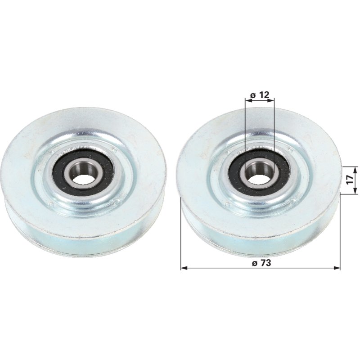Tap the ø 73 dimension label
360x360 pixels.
[x=261, y=263]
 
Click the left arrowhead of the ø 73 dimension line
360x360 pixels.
[x=184, y=268]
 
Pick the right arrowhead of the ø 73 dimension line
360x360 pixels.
[x=337, y=268]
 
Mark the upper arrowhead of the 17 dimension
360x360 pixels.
[x=355, y=170]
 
